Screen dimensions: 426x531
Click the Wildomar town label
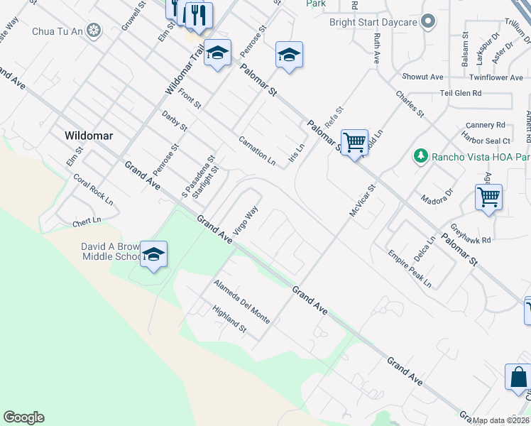click(89, 135)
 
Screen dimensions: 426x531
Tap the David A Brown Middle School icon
click(153, 255)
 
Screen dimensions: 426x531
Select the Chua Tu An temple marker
click(94, 31)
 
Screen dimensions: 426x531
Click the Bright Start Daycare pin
click(427, 22)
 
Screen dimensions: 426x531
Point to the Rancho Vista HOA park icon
click(421, 155)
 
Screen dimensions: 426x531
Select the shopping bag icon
click(518, 378)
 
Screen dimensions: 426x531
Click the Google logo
click(23, 417)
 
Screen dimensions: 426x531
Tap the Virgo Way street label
click(246, 219)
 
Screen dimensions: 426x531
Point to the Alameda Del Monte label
click(242, 302)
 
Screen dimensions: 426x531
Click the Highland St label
click(229, 319)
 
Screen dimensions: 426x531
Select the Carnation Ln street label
click(257, 150)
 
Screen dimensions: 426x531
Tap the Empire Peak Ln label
click(409, 268)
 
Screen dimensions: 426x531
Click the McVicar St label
click(362, 202)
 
